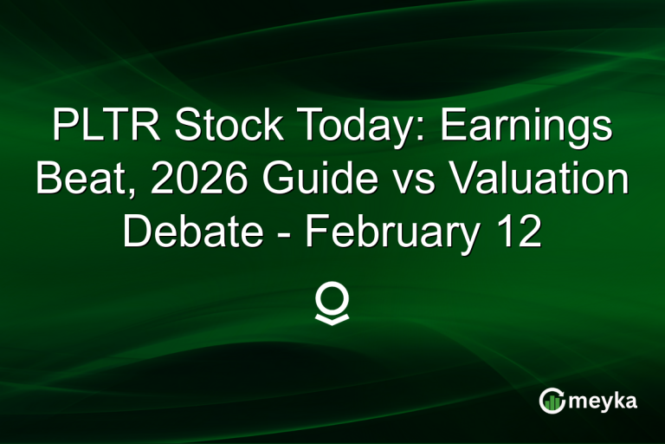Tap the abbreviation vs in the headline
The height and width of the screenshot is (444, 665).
click(x=411, y=180)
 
